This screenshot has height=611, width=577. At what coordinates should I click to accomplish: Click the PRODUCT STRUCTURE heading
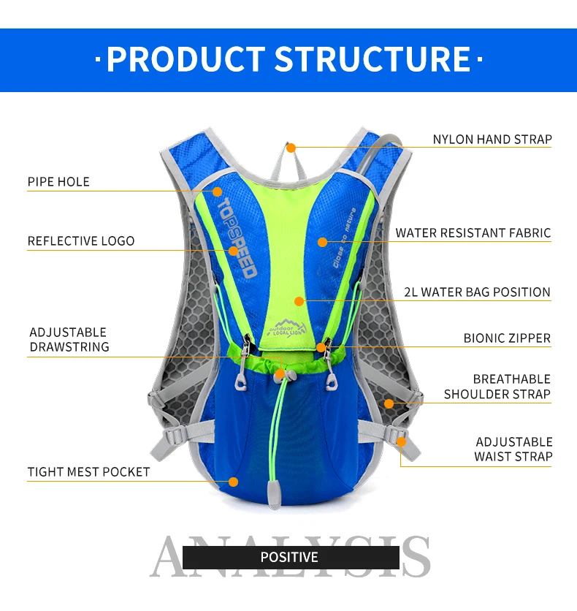pyautogui.click(x=288, y=59)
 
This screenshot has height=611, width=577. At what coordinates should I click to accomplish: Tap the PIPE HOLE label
pyautogui.click(x=58, y=182)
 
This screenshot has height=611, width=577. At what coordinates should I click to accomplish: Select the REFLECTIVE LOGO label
pyautogui.click(x=81, y=241)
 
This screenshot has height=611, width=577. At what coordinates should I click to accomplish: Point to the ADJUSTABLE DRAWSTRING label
pyautogui.click(x=69, y=340)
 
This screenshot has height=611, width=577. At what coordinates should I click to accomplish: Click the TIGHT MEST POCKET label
pyautogui.click(x=88, y=472)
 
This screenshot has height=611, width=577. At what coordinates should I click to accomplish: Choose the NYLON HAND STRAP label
pyautogui.click(x=492, y=140)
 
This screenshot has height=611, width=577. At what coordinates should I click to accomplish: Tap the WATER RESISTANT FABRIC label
pyautogui.click(x=473, y=233)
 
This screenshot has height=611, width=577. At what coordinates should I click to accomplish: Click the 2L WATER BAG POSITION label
pyautogui.click(x=477, y=292)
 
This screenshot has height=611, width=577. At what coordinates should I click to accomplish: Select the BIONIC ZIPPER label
pyautogui.click(x=507, y=338)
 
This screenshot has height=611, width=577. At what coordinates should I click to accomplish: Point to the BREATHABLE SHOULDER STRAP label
pyautogui.click(x=497, y=387)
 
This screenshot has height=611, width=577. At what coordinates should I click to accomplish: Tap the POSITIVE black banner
pyautogui.click(x=290, y=558)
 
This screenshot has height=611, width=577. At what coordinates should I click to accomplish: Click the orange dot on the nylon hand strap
pyautogui.click(x=291, y=148)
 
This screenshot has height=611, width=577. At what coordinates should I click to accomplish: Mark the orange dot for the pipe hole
pyautogui.click(x=217, y=191)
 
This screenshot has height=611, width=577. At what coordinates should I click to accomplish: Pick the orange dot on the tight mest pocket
pyautogui.click(x=234, y=482)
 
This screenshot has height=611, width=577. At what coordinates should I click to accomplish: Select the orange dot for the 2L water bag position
pyautogui.click(x=299, y=300)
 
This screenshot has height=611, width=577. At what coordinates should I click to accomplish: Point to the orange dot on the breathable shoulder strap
pyautogui.click(x=389, y=403)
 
